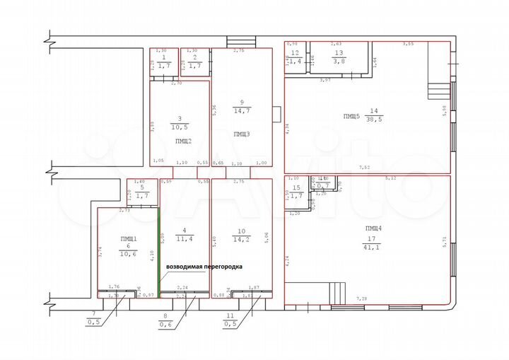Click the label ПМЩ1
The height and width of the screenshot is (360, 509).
[128, 238]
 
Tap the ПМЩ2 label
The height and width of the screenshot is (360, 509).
[182, 141]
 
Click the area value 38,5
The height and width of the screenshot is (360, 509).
[375, 121]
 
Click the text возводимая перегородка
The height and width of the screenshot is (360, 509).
[204, 267]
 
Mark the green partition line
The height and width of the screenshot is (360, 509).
[159, 251]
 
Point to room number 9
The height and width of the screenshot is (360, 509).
[241, 100]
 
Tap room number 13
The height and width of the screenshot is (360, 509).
[338, 53]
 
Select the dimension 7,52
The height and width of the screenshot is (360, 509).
[365, 167]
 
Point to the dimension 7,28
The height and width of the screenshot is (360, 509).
[363, 300]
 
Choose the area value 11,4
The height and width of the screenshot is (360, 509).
[185, 238]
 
